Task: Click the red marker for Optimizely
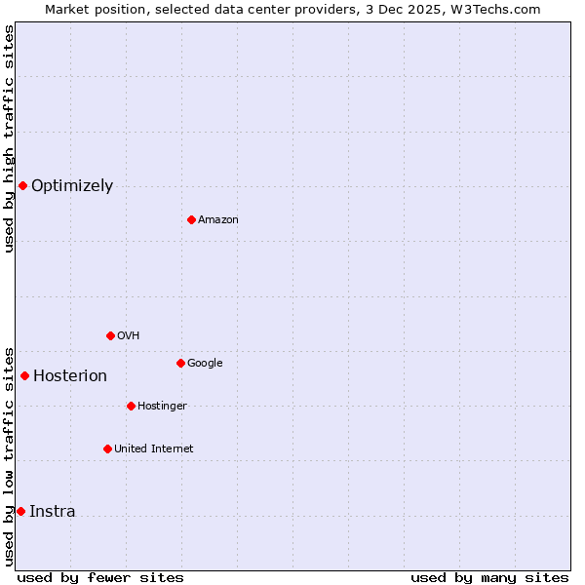coord(22,185)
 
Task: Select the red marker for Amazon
coord(191,219)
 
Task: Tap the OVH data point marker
coord(110,335)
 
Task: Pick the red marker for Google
coord(180,363)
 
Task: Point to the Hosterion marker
coord(24,375)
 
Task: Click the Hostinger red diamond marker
coord(131,406)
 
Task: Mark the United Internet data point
coord(107,448)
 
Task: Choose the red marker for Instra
coord(20,511)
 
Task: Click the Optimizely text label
coord(72,186)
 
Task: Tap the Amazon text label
coord(218,220)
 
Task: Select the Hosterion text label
coord(70,376)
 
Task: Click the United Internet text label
coord(154,449)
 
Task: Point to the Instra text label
coord(53,512)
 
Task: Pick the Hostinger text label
coord(162,407)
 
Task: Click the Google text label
coord(205,364)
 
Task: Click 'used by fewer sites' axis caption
coord(100,577)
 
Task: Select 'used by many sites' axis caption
coord(489,577)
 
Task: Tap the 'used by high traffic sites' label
coord(9,138)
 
